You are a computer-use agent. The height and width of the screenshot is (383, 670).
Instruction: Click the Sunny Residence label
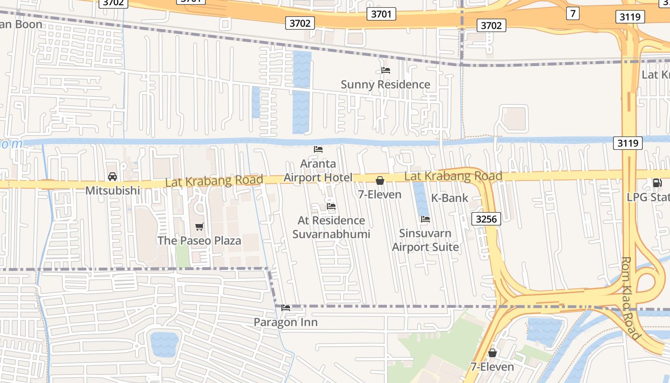[385, 85]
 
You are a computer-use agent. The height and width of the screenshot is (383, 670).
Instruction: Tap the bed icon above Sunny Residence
[386, 70]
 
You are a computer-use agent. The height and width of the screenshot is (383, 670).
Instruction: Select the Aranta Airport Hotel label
[318, 171]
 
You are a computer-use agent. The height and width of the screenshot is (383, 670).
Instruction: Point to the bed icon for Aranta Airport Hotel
[318, 149]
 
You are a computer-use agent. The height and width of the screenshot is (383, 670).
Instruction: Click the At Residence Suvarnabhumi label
[331, 227]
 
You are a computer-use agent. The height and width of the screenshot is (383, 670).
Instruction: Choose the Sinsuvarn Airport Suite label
[425, 240]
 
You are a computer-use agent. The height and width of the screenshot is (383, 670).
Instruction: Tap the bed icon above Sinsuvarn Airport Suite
[425, 219]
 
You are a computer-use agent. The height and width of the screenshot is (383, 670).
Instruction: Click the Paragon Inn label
[285, 323]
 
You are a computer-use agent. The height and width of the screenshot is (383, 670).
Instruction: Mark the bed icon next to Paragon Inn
[286, 308]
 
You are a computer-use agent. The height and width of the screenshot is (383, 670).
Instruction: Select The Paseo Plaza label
[199, 241]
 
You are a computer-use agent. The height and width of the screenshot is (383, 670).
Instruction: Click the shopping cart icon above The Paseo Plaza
[200, 226]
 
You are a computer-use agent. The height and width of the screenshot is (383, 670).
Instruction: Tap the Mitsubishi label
[112, 191]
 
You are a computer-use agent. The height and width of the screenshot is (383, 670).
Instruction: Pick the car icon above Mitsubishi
[112, 177]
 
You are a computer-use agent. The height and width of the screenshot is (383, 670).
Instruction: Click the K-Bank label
[449, 198]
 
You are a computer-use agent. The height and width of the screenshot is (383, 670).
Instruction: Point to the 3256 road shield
[486, 219]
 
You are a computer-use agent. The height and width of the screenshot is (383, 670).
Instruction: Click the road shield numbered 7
[572, 13]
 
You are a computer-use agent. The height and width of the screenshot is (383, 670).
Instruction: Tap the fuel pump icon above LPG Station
[657, 182]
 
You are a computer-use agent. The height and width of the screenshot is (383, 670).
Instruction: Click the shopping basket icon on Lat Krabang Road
[380, 180]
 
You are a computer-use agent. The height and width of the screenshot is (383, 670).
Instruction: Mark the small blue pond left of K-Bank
[421, 198]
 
